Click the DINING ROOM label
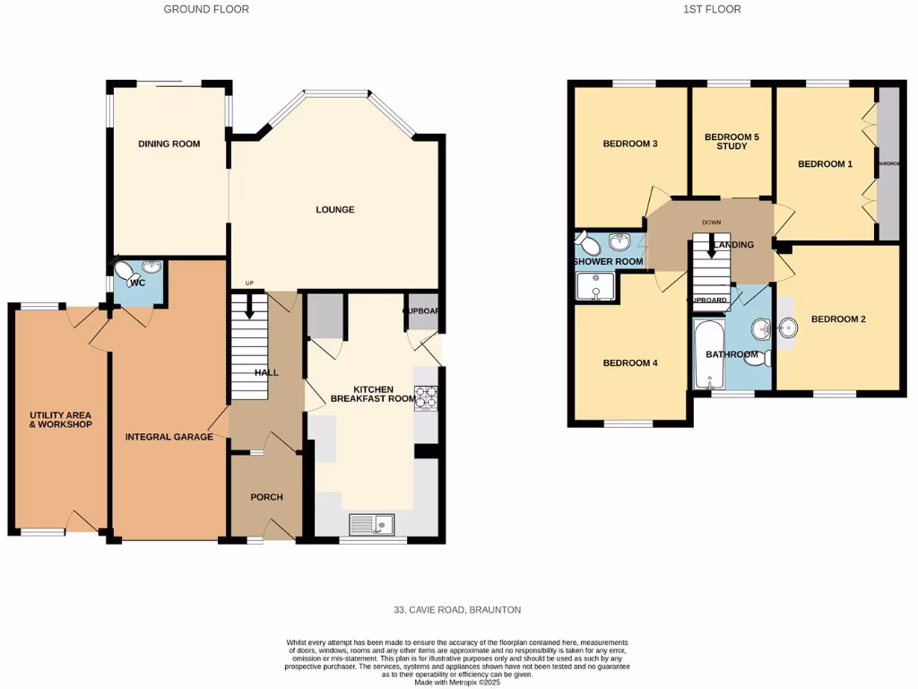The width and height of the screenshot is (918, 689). coord(169,144)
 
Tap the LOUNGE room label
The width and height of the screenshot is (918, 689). coord(334,210)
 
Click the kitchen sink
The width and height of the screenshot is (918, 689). coord(370,524)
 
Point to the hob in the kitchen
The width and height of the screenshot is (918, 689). coord(425,397)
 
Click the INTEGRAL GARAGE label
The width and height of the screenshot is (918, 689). coord(169,437)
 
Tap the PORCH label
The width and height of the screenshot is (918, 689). coord(266,497)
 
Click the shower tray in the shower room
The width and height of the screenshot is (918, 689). coord(595,284)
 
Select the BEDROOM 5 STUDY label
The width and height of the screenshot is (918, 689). coord(732,142)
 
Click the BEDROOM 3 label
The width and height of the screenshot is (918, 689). coord(630,144)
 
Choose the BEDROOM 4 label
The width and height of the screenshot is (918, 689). coord(630,363)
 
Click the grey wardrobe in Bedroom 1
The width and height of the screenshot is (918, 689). coord(888,163)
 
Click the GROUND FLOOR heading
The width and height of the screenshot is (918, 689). coord(206,9)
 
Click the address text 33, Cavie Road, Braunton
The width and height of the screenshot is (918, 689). coord(457,610)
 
